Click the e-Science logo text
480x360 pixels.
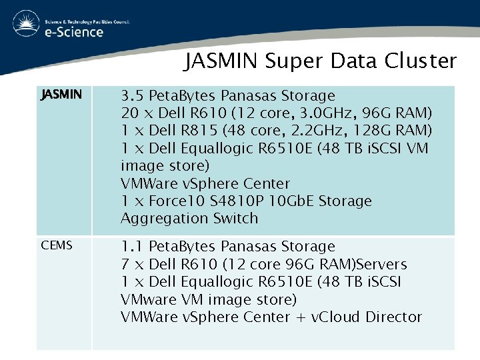pos(74,31)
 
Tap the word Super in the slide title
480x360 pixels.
pos(291,61)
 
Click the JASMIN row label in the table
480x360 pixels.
pos(61,95)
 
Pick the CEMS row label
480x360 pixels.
pos(57,246)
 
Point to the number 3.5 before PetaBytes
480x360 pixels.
pos(132,96)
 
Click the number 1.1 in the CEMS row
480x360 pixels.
pos(132,247)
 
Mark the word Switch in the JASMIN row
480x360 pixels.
pos(235,218)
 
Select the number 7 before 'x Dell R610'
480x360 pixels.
pos(125,264)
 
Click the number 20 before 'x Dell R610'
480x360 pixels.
pos(129,113)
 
